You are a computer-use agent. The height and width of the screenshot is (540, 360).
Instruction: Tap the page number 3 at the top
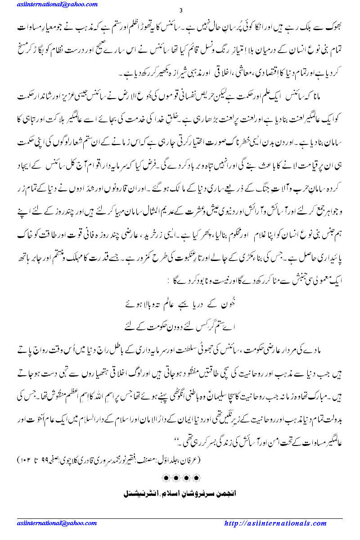coord(180,11)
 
